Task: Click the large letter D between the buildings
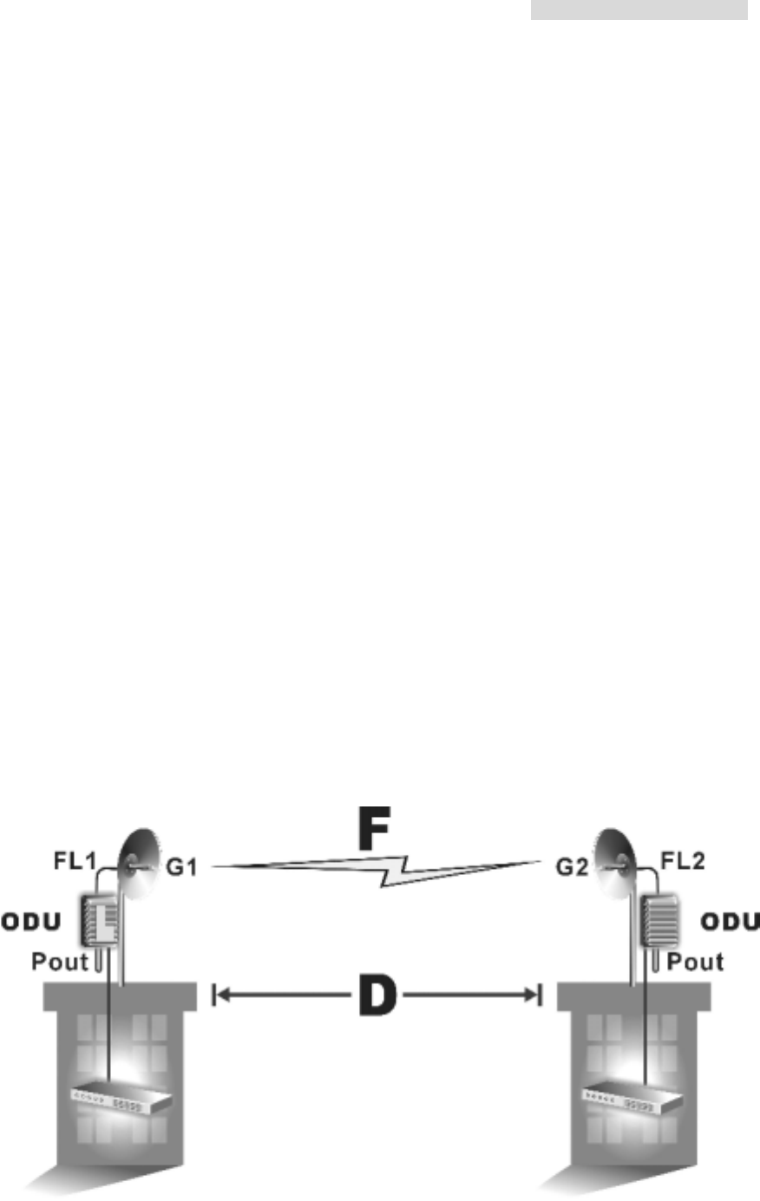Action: [x=377, y=995]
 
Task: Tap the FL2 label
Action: [x=683, y=863]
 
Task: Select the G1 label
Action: [x=181, y=866]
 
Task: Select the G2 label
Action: [x=573, y=866]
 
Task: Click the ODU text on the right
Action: [x=729, y=921]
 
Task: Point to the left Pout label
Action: [x=59, y=962]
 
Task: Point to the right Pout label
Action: [x=695, y=962]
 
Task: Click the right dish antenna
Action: [x=617, y=861]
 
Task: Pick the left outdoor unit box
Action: [x=99, y=920]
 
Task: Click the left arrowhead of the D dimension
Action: [x=221, y=995]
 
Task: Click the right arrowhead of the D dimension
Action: [x=533, y=995]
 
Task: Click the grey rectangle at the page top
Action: [x=639, y=10]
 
